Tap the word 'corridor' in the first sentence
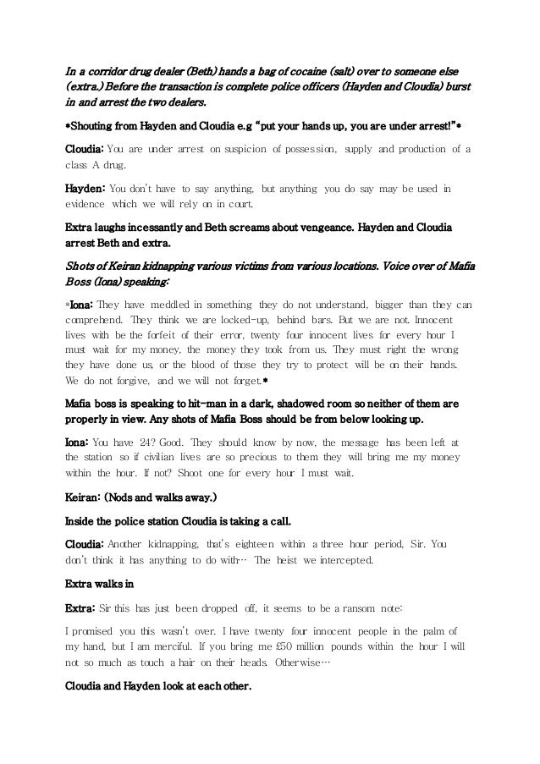tap(111, 69)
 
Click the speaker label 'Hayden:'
tap(85, 189)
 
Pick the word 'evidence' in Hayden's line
tap(85, 206)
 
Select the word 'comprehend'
tap(96, 322)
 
